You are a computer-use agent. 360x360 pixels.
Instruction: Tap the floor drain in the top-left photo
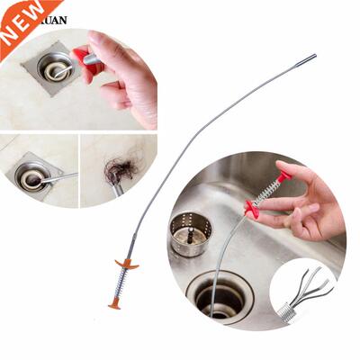[x=55, y=67]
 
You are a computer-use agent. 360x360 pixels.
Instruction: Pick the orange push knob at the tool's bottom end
[x=114, y=305]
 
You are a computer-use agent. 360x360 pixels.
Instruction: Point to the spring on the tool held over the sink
[x=267, y=194]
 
